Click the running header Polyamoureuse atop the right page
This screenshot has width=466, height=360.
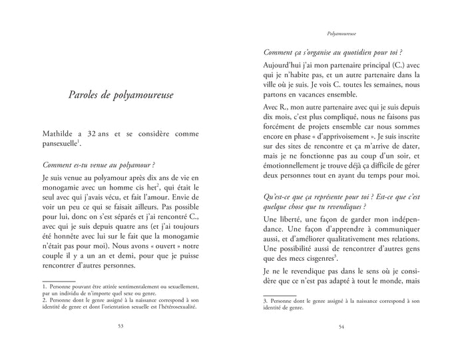click(x=342, y=32)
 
